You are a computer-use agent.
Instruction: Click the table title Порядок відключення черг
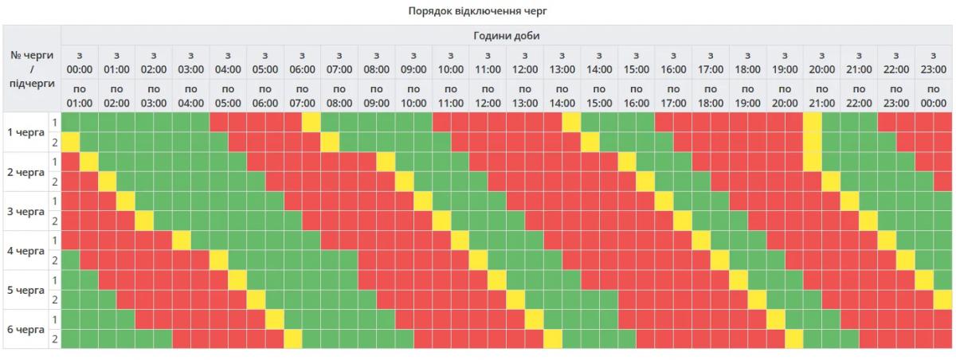[x=478, y=11]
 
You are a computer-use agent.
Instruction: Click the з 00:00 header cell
[x=80, y=62]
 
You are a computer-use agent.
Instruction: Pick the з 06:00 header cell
[x=302, y=62]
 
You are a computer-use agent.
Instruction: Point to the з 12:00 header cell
[x=524, y=62]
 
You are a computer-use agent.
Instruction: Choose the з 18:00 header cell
[x=747, y=62]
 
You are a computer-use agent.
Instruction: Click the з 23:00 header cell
[x=933, y=62]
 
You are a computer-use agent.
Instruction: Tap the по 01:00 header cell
[x=80, y=96]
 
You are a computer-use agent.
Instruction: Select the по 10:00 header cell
[x=413, y=96]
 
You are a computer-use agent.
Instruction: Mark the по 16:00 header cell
[x=636, y=96]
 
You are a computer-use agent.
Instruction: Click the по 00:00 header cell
[x=933, y=96]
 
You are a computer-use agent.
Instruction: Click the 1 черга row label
[x=25, y=132]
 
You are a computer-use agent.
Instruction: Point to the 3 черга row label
[x=25, y=211]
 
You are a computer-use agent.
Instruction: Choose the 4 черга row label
[x=25, y=250]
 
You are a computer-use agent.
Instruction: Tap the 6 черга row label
[x=25, y=329]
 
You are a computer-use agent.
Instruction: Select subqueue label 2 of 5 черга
[x=54, y=299]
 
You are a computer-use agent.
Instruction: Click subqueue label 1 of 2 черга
[x=54, y=162]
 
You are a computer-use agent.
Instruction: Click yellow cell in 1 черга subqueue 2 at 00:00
[x=71, y=142]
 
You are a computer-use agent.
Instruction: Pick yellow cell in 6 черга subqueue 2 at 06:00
[x=293, y=338]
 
